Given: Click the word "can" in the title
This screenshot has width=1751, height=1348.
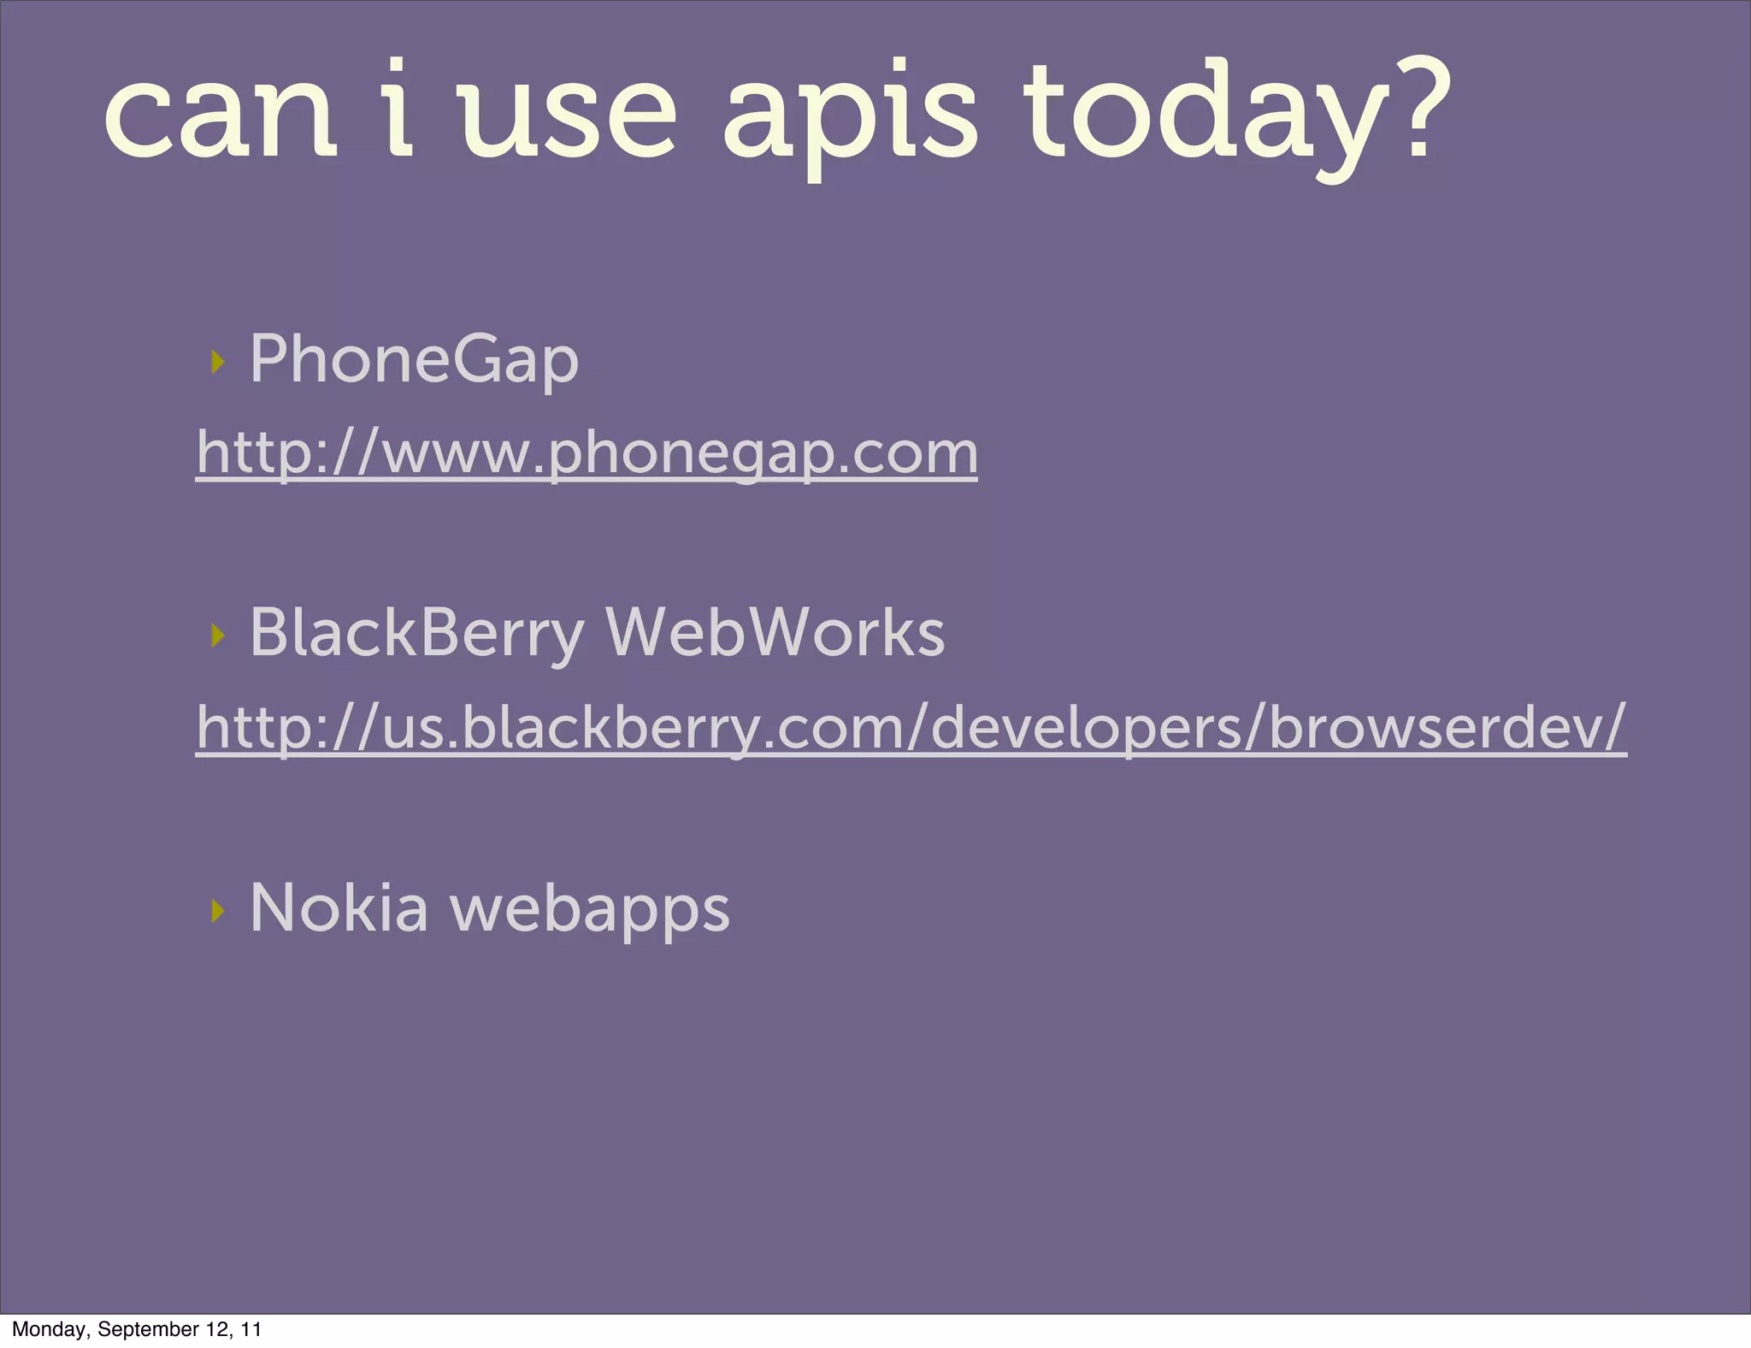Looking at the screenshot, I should tap(221, 116).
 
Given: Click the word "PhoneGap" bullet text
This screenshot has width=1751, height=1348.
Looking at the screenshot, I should tap(414, 359).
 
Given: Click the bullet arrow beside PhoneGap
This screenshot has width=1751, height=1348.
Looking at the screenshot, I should tap(218, 362).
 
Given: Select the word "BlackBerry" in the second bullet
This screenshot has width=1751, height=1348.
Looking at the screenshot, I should tap(416, 634).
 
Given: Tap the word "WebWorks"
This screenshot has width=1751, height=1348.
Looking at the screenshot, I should tap(775, 634).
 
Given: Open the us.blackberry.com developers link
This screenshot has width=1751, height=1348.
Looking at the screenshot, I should tap(911, 728).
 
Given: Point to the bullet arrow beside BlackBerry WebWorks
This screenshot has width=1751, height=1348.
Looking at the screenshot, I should tap(218, 636).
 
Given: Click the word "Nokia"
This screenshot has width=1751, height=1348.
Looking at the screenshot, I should tap(339, 908).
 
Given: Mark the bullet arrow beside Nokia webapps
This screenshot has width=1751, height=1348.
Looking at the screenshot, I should tap(218, 911).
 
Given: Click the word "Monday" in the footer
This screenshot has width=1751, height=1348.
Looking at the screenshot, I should tap(50, 1329).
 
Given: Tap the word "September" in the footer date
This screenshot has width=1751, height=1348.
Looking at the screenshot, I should tap(147, 1329).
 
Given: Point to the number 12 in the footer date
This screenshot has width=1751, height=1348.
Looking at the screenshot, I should tap(217, 1329).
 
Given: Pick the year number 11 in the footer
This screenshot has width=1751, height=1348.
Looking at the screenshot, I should tap(251, 1329).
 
